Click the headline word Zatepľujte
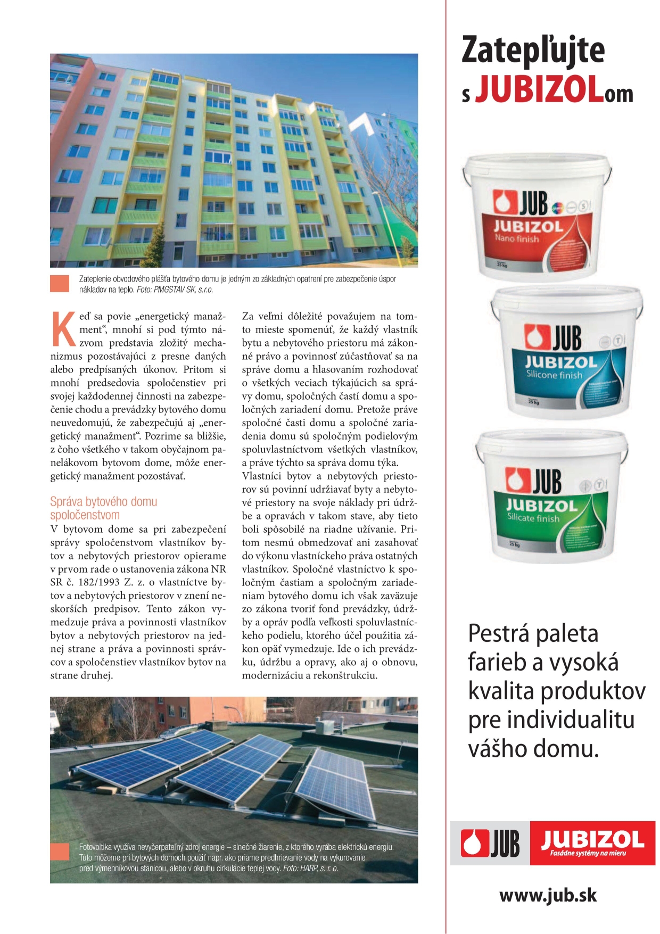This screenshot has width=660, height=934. coord(533,51)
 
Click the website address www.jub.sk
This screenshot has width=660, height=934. coord(548,895)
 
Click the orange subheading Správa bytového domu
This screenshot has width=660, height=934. coord(103,501)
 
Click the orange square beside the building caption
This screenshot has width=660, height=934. coord(60,284)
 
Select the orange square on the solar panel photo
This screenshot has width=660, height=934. coord(60,852)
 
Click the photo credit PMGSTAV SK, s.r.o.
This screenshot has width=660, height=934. coord(183,290)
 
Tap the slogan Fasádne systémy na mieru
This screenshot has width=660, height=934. coord(588,853)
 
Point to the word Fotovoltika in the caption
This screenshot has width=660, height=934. coord(95,847)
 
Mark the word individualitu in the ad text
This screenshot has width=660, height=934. coord(571,721)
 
